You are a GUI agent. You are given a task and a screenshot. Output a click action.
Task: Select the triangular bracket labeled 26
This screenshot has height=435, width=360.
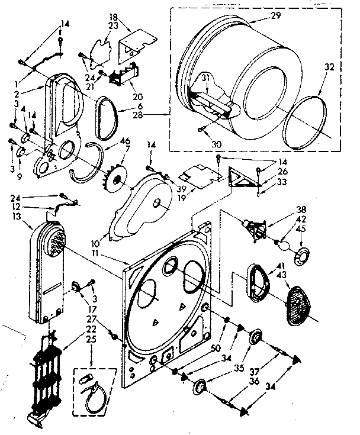240,176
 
